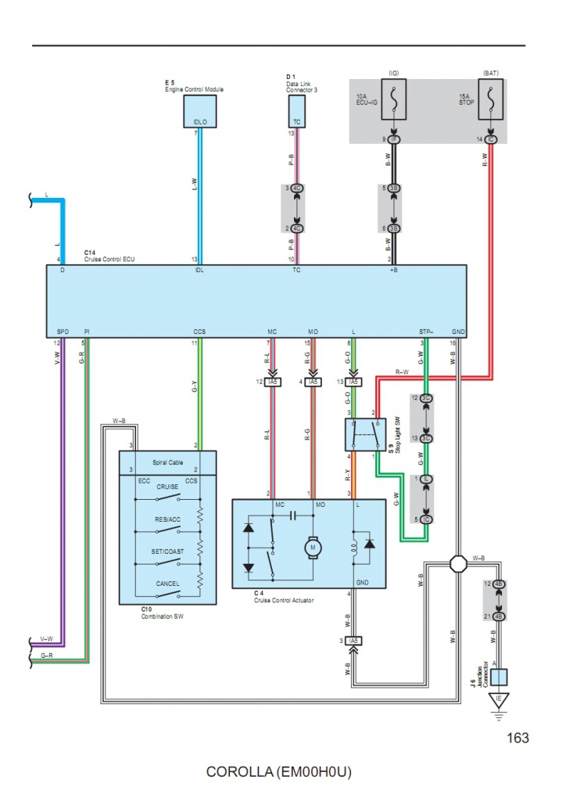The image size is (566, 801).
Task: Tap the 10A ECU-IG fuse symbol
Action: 393,101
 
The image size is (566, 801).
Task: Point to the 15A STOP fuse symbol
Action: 489,101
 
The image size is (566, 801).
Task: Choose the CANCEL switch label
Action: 168,584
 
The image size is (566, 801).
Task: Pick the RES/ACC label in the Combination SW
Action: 167,519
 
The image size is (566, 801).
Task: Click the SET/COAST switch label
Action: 168,551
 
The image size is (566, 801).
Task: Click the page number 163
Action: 518,738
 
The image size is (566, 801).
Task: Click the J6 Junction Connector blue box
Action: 498,677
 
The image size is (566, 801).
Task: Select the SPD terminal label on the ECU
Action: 63,332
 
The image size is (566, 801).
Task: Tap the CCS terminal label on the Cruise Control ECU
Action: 200,332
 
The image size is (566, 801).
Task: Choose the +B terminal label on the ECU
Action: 393,271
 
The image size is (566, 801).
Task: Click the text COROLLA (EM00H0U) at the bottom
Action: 279,773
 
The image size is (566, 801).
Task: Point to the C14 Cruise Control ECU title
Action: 109,256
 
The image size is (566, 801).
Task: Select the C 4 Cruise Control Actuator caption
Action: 286,597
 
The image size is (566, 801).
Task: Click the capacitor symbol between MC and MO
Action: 295,515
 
